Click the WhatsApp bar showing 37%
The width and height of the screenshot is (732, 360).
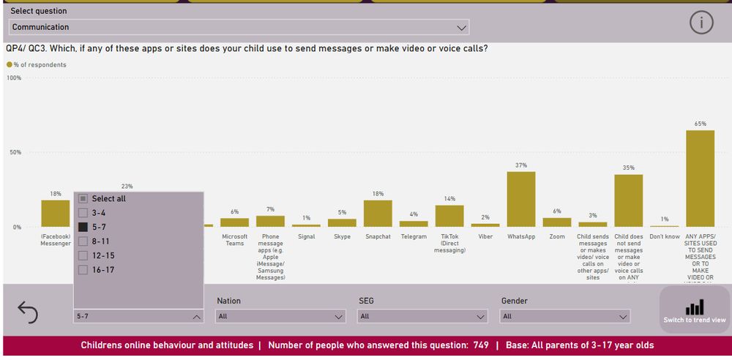pyautogui.click(x=521, y=199)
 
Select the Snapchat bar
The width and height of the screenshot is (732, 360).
pyautogui.click(x=378, y=213)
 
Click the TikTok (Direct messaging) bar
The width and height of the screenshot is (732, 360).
pyautogui.click(x=449, y=216)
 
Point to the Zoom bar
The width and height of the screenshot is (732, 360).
pyautogui.click(x=557, y=222)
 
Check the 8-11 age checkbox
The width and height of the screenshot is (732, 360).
pyautogui.click(x=83, y=241)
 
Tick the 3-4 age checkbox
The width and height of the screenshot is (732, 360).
pyautogui.click(x=83, y=212)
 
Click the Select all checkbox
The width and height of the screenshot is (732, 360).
pyautogui.click(x=83, y=198)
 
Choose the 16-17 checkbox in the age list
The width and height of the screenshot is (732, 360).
pyautogui.click(x=83, y=269)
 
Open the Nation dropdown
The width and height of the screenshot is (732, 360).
pyautogui.click(x=280, y=317)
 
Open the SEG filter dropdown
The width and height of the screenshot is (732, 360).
pyautogui.click(x=422, y=317)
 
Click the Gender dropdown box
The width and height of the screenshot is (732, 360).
pyautogui.click(x=564, y=317)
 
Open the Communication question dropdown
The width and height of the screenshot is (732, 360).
pyautogui.click(x=239, y=27)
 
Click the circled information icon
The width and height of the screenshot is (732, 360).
pyautogui.click(x=701, y=23)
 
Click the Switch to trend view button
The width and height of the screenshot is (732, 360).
pyautogui.click(x=695, y=311)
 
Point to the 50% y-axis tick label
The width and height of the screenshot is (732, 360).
pyautogui.click(x=14, y=152)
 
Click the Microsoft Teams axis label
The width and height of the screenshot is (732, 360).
pyautogui.click(x=235, y=240)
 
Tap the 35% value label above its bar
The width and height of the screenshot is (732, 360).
pyautogui.click(x=628, y=168)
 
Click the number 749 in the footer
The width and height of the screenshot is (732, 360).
pyautogui.click(x=481, y=345)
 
